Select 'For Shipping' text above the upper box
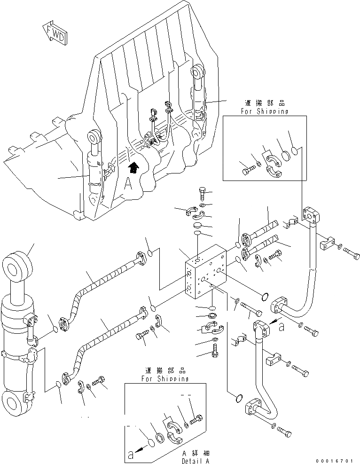[x=265, y=111]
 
